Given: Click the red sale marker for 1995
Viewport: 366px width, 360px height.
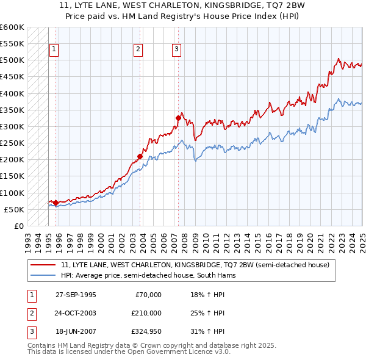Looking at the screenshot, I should point(56,203).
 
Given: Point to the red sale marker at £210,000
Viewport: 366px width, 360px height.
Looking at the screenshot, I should point(140,156).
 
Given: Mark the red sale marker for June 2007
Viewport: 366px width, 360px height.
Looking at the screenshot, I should point(178,118).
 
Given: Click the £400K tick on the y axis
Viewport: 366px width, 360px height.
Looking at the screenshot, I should point(12,93).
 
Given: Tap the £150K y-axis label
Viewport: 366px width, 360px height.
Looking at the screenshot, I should point(12,176).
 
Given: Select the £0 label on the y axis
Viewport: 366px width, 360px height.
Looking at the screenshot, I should point(19,226).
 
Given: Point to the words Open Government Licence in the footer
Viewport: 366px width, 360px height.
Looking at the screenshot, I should point(177,352).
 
